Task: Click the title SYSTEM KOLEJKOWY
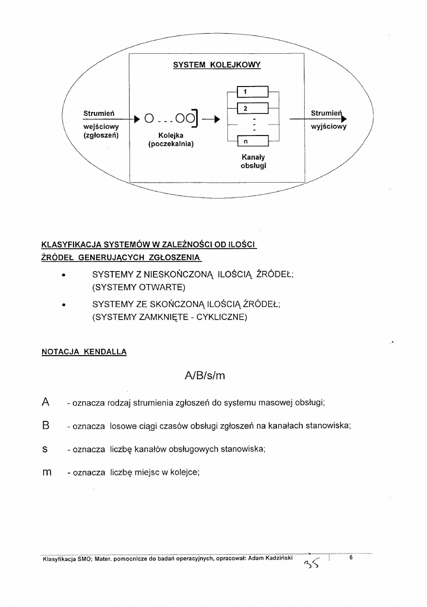point(216,65)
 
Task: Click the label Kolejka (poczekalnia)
point(171,139)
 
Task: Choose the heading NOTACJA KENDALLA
point(84,352)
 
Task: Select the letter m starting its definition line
point(47,473)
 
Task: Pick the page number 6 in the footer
point(352,558)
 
